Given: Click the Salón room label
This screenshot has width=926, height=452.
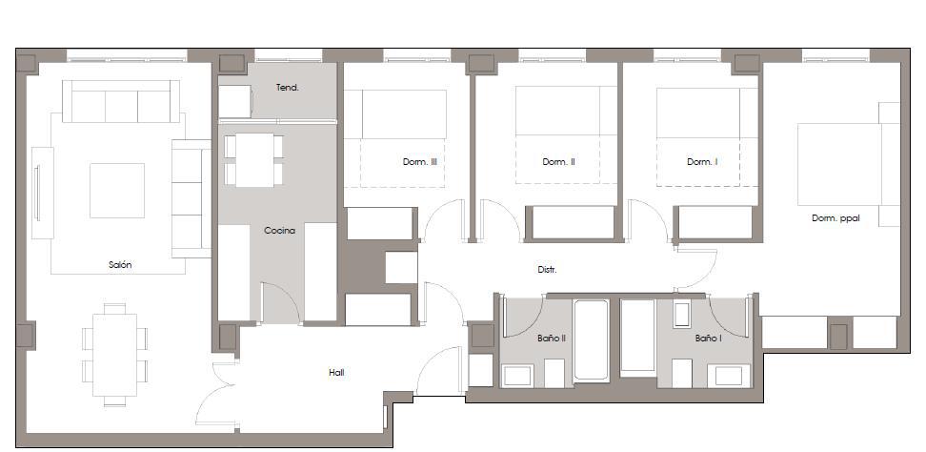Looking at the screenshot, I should pos(120,265).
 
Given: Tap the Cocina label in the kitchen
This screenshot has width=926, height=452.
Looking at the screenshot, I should pos(279,230).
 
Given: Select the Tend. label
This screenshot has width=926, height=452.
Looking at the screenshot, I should pos(288,88).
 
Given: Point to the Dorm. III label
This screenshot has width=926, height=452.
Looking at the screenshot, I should pos(419,162).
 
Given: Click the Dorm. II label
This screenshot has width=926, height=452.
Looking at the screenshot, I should pos(558,162).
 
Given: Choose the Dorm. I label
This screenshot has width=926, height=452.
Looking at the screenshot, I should pos(701,162).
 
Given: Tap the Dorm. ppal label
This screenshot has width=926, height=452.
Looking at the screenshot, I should pos(835,217).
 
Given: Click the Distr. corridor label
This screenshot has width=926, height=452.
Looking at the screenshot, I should pos(547,270).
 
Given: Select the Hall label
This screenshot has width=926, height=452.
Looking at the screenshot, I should pos(335,372).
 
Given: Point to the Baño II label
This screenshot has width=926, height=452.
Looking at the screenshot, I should pos(525,338).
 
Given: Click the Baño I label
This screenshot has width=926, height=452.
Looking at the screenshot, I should pos(708,338).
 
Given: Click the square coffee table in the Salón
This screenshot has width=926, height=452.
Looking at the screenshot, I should pos(117,190).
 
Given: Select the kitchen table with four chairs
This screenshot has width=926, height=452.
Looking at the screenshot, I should pos(254,159).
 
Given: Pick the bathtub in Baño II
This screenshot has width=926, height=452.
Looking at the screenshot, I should pos(591,340).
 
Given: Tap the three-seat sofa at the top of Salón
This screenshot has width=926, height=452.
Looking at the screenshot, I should pos(121,101).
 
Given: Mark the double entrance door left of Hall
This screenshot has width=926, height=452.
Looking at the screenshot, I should pos(217,396).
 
